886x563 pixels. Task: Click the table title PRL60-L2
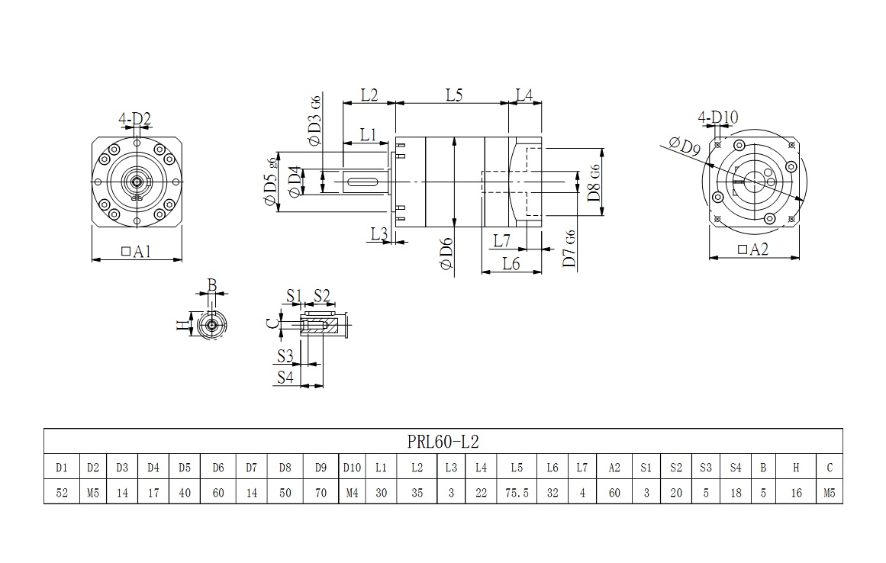coord(443,442)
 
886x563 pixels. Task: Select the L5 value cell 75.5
coord(517,493)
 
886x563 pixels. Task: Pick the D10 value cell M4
coord(352,493)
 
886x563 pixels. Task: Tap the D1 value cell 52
coord(63,493)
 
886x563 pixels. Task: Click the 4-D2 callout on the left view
coord(135,119)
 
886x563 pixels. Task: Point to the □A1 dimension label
coord(137,250)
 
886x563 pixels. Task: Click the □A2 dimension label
coord(753,249)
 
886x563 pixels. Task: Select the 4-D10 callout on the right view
coord(718,117)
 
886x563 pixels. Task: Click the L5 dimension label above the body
coord(454,95)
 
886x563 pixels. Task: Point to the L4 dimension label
coord(524,95)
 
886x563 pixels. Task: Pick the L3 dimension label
coord(379,233)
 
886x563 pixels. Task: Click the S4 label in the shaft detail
coord(285,376)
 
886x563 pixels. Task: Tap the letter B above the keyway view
coord(212,286)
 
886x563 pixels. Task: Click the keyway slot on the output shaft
coord(365,182)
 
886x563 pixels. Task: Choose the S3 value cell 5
coord(706,493)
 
